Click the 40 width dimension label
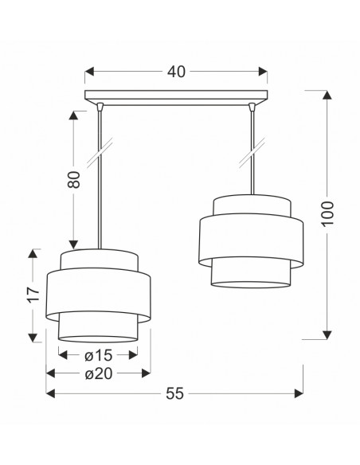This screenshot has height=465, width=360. click(x=176, y=72)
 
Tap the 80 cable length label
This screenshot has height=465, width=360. click(x=74, y=179)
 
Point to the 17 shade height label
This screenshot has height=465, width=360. click(x=33, y=295)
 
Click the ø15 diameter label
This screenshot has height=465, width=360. click(x=99, y=355)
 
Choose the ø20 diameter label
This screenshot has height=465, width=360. click(x=99, y=373)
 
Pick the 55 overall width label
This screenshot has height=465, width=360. click(x=174, y=394)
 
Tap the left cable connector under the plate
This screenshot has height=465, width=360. click(x=100, y=107)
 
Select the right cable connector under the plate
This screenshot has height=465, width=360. click(x=252, y=107)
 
